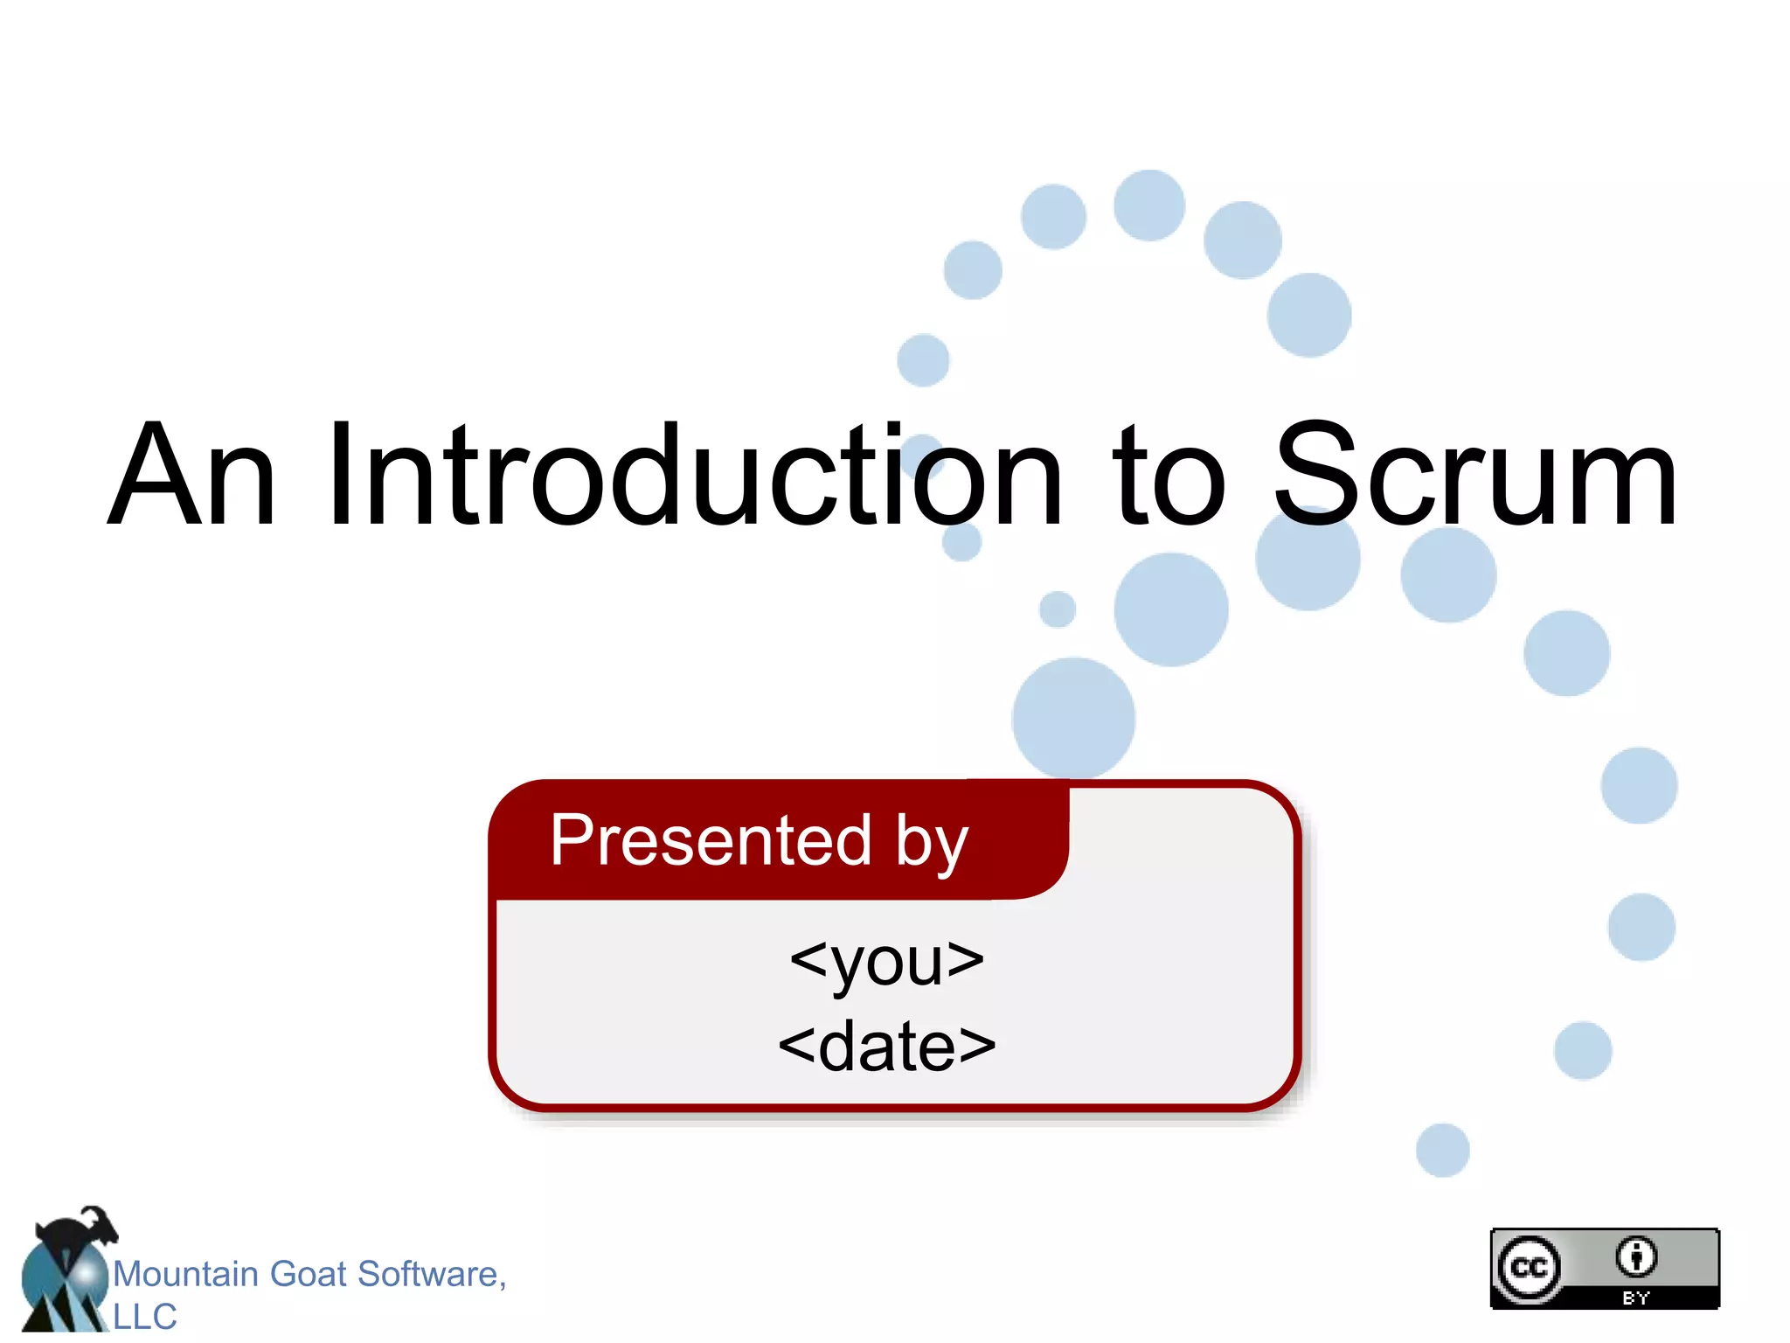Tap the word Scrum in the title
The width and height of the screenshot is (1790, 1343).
click(x=1475, y=477)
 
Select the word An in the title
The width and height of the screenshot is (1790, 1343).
click(x=192, y=477)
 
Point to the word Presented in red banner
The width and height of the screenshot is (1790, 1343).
click(x=711, y=840)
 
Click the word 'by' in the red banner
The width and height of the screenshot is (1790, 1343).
click(x=932, y=845)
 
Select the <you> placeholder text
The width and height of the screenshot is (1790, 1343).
click(x=886, y=962)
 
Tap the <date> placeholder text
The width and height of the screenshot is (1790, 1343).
click(x=886, y=1047)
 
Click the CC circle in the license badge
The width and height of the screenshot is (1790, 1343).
click(x=1529, y=1267)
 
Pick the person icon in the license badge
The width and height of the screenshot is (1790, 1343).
click(x=1635, y=1257)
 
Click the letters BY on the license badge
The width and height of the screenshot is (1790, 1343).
click(x=1635, y=1298)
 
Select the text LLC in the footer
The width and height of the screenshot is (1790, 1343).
click(x=145, y=1317)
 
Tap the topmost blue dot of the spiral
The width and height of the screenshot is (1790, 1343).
click(x=1149, y=205)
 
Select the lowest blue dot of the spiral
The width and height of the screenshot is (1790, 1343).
click(x=1442, y=1150)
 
